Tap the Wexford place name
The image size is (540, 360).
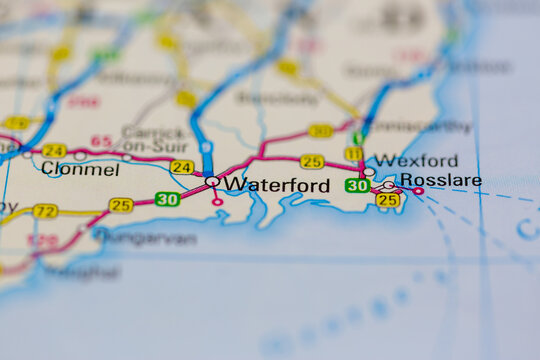(418, 161)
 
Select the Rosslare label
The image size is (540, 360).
(440, 180)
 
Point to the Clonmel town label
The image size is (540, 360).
(80, 170)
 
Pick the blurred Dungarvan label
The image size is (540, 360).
(144, 239)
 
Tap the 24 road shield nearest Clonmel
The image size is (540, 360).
(54, 150)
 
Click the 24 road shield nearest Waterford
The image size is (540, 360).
(182, 167)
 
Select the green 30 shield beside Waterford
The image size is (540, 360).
(167, 199)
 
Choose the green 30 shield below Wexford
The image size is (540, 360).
(357, 185)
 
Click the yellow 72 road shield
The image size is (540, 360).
(44, 211)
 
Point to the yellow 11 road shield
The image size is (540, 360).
(353, 153)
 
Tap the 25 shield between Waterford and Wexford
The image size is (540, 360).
(312, 161)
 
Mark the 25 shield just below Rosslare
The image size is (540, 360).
(388, 200)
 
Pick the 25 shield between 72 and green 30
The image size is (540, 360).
(121, 205)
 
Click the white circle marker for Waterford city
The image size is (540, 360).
(212, 182)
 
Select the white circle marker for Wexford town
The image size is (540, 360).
(369, 172)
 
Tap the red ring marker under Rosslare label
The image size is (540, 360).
(418, 191)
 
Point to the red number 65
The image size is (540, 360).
(101, 141)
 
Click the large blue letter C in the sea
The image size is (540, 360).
(527, 230)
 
